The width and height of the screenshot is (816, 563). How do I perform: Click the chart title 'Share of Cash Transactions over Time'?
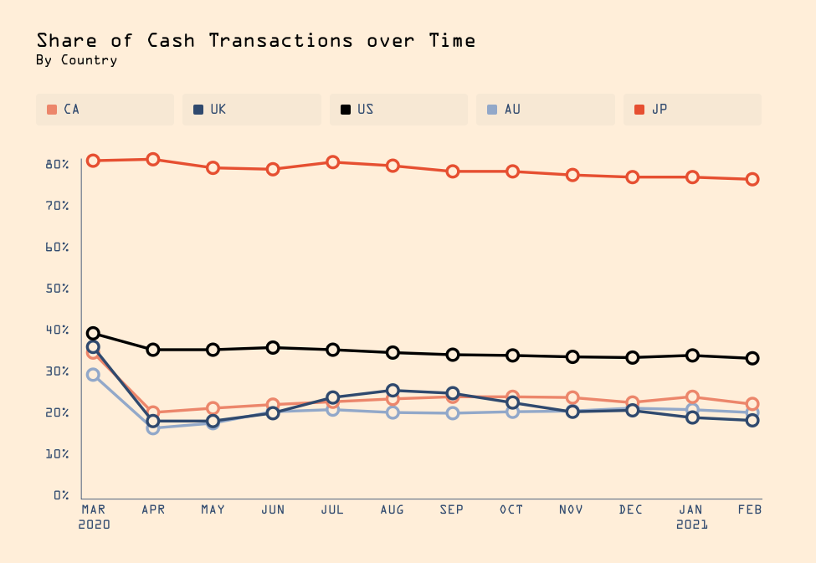click(256, 40)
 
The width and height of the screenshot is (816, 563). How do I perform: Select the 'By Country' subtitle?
click(77, 60)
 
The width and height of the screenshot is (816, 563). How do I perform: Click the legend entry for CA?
click(105, 110)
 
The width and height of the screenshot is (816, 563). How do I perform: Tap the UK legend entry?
click(251, 110)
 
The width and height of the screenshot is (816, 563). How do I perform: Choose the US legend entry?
click(398, 110)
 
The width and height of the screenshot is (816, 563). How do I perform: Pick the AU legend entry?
click(545, 110)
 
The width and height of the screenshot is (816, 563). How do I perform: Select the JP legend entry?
click(692, 110)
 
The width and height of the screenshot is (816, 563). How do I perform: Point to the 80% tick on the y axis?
click(57, 164)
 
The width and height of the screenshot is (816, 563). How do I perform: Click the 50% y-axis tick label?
click(57, 289)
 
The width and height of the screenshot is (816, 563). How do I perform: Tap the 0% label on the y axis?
click(60, 495)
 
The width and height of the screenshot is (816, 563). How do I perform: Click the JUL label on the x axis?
click(332, 509)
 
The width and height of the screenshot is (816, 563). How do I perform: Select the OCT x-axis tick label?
click(512, 509)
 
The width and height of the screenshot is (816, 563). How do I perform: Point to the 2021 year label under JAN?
click(692, 525)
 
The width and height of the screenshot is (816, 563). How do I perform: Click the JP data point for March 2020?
click(93, 161)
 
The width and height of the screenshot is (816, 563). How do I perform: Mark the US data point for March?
click(93, 334)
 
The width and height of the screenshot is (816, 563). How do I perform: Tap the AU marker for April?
click(153, 427)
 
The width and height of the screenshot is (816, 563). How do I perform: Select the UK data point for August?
click(393, 391)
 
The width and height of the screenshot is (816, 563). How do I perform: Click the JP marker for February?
click(752, 179)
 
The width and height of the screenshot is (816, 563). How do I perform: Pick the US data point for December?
click(633, 357)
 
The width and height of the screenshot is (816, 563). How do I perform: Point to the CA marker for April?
click(153, 412)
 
